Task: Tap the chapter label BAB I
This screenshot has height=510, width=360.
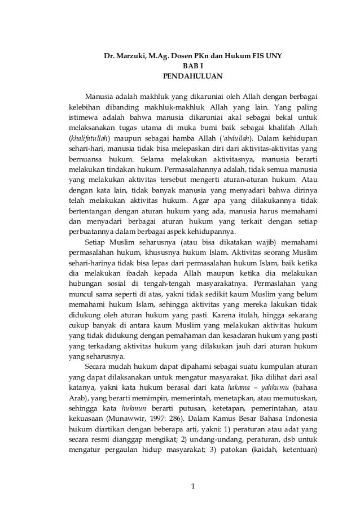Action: point(192,66)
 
